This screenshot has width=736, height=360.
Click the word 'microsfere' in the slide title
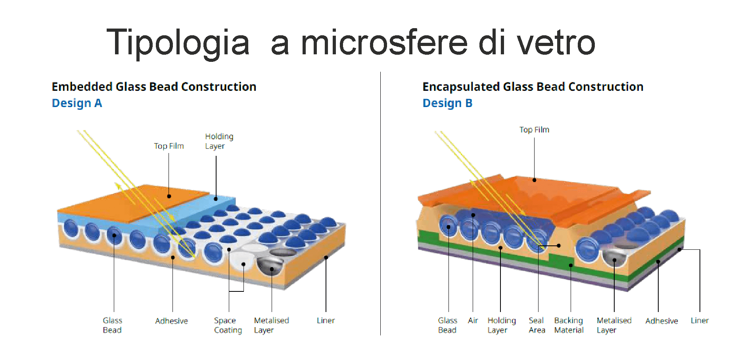point(384,42)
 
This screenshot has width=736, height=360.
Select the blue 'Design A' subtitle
point(77,103)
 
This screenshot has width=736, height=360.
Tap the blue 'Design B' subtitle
point(447,103)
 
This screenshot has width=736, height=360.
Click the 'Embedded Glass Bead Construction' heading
point(154,86)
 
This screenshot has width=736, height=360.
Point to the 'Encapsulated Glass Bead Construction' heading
point(533,86)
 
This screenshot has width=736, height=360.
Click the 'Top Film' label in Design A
point(169,146)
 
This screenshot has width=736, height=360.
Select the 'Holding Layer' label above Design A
point(219,141)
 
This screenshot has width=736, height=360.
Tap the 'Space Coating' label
point(228,325)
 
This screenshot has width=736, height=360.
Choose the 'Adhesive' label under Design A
point(171,321)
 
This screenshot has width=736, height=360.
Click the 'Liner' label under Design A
point(326,320)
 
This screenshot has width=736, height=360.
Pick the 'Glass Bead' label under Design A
point(113,325)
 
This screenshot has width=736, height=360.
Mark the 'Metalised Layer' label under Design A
point(272,325)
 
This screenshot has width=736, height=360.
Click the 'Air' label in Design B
point(473,320)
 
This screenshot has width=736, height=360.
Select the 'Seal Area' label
point(537,325)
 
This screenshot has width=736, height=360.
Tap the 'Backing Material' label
point(569,325)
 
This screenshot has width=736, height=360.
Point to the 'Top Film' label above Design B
point(534,130)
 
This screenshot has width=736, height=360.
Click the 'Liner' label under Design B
point(700,320)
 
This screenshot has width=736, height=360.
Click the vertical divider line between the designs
point(380,203)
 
